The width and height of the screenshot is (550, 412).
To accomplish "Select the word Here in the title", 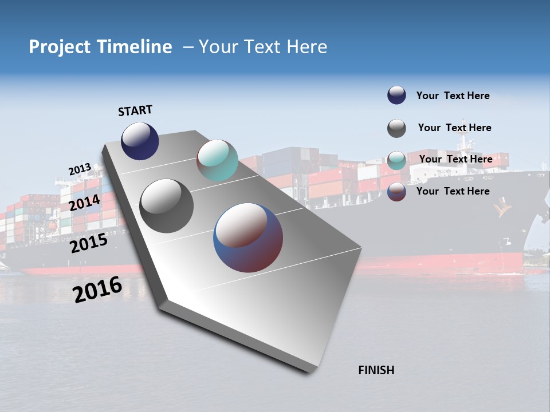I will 307,47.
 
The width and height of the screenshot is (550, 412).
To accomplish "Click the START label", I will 135,110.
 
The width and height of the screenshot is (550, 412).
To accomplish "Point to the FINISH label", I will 376,370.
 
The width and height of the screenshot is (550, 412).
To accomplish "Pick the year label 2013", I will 80,169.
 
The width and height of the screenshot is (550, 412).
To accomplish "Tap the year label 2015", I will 89,243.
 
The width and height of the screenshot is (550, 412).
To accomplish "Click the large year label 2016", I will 97,289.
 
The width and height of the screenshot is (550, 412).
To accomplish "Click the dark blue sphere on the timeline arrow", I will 140,141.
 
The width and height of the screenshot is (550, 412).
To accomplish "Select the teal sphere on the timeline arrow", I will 217,160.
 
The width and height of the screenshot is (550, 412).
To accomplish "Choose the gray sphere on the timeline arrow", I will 167,206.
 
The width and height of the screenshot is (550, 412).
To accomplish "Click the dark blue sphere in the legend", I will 396,96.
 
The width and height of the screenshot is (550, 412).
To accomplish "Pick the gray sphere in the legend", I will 396,128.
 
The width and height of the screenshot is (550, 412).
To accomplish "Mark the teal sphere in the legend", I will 396,160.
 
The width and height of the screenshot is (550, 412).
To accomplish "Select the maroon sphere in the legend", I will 396,192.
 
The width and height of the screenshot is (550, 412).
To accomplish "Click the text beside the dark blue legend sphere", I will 453,96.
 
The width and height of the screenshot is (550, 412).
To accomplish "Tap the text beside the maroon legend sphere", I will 453,191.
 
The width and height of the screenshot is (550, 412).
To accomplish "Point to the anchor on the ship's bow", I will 504,209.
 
